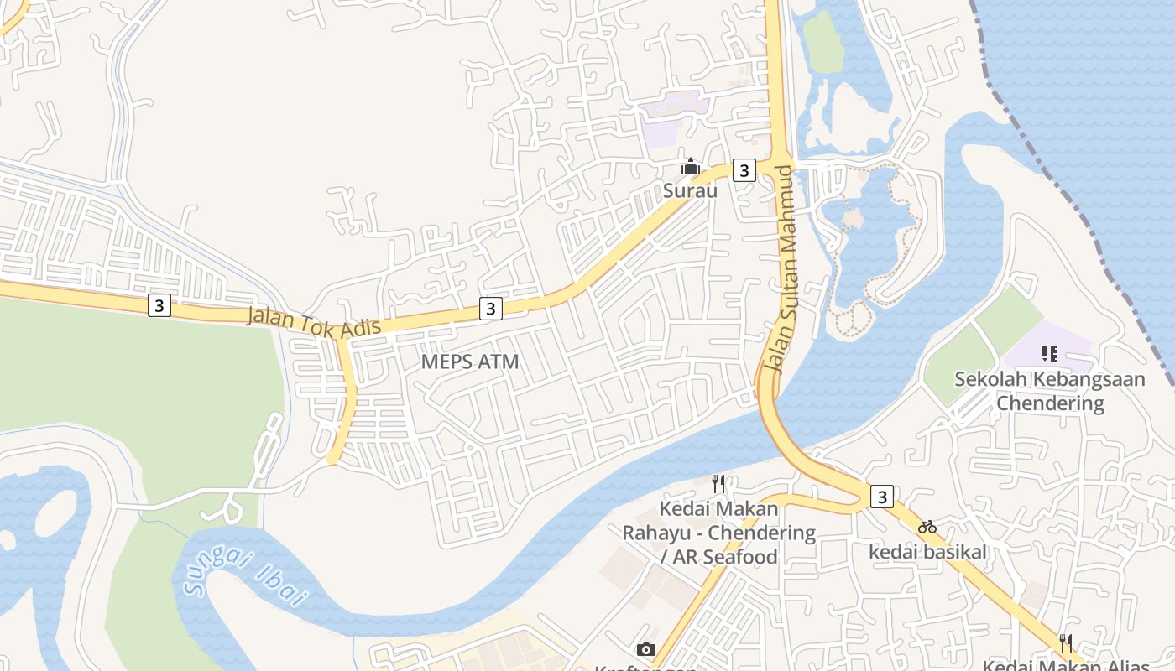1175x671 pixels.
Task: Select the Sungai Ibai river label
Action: [x=243, y=575]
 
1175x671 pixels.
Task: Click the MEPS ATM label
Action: [x=470, y=362]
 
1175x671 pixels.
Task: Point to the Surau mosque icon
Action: [x=691, y=167]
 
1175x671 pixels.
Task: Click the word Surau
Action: [x=691, y=190]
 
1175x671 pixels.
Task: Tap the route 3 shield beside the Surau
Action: [x=743, y=170]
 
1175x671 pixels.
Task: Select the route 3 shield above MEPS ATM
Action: [x=491, y=309]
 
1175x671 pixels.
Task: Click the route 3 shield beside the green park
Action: [x=159, y=305]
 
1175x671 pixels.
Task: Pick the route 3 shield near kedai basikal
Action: [x=881, y=497]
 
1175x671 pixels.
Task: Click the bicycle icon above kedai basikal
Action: [x=927, y=528]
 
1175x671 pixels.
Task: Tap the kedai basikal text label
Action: [x=927, y=552]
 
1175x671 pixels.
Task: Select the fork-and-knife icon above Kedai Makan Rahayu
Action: [x=718, y=484]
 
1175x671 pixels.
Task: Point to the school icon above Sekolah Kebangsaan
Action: [x=1049, y=354]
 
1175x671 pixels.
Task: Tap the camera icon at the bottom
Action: [x=645, y=649]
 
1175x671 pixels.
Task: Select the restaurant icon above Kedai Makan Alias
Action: [x=1066, y=643]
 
